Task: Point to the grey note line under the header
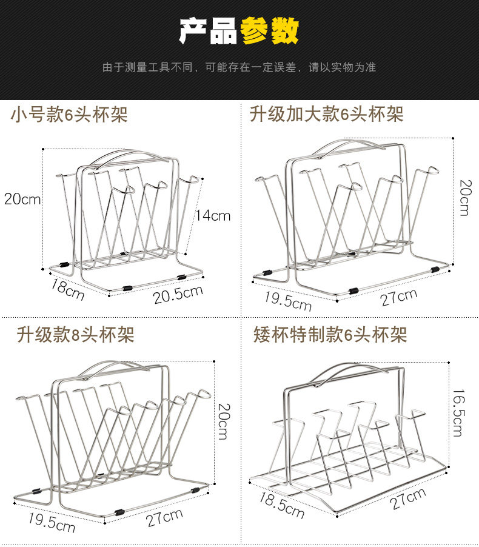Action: (239, 67)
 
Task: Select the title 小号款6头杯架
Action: (69, 114)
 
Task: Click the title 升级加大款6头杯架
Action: (326, 113)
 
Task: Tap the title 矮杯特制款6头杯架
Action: (330, 334)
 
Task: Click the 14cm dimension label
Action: (213, 215)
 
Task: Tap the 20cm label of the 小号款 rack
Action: (22, 199)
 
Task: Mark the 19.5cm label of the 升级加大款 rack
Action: (287, 301)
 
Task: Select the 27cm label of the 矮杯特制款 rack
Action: (407, 500)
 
